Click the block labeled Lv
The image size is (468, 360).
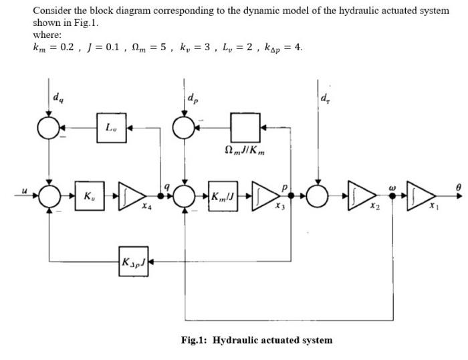pyautogui.click(x=109, y=126)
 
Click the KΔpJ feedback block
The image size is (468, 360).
pyautogui.click(x=133, y=257)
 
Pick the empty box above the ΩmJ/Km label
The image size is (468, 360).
pyautogui.click(x=241, y=125)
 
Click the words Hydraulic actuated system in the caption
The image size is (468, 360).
pyautogui.click(x=272, y=340)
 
